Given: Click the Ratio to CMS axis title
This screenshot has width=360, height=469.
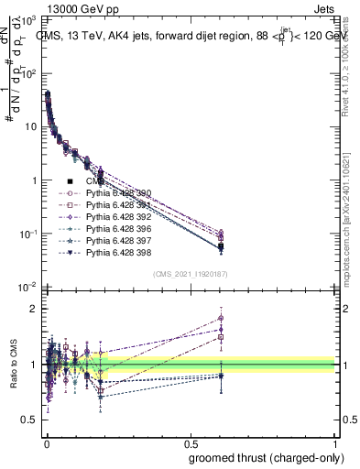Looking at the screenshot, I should (13, 365).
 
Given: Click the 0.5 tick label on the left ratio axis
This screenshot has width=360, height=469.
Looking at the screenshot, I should (30, 420).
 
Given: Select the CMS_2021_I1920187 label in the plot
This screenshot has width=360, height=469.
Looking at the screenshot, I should (190, 274).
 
